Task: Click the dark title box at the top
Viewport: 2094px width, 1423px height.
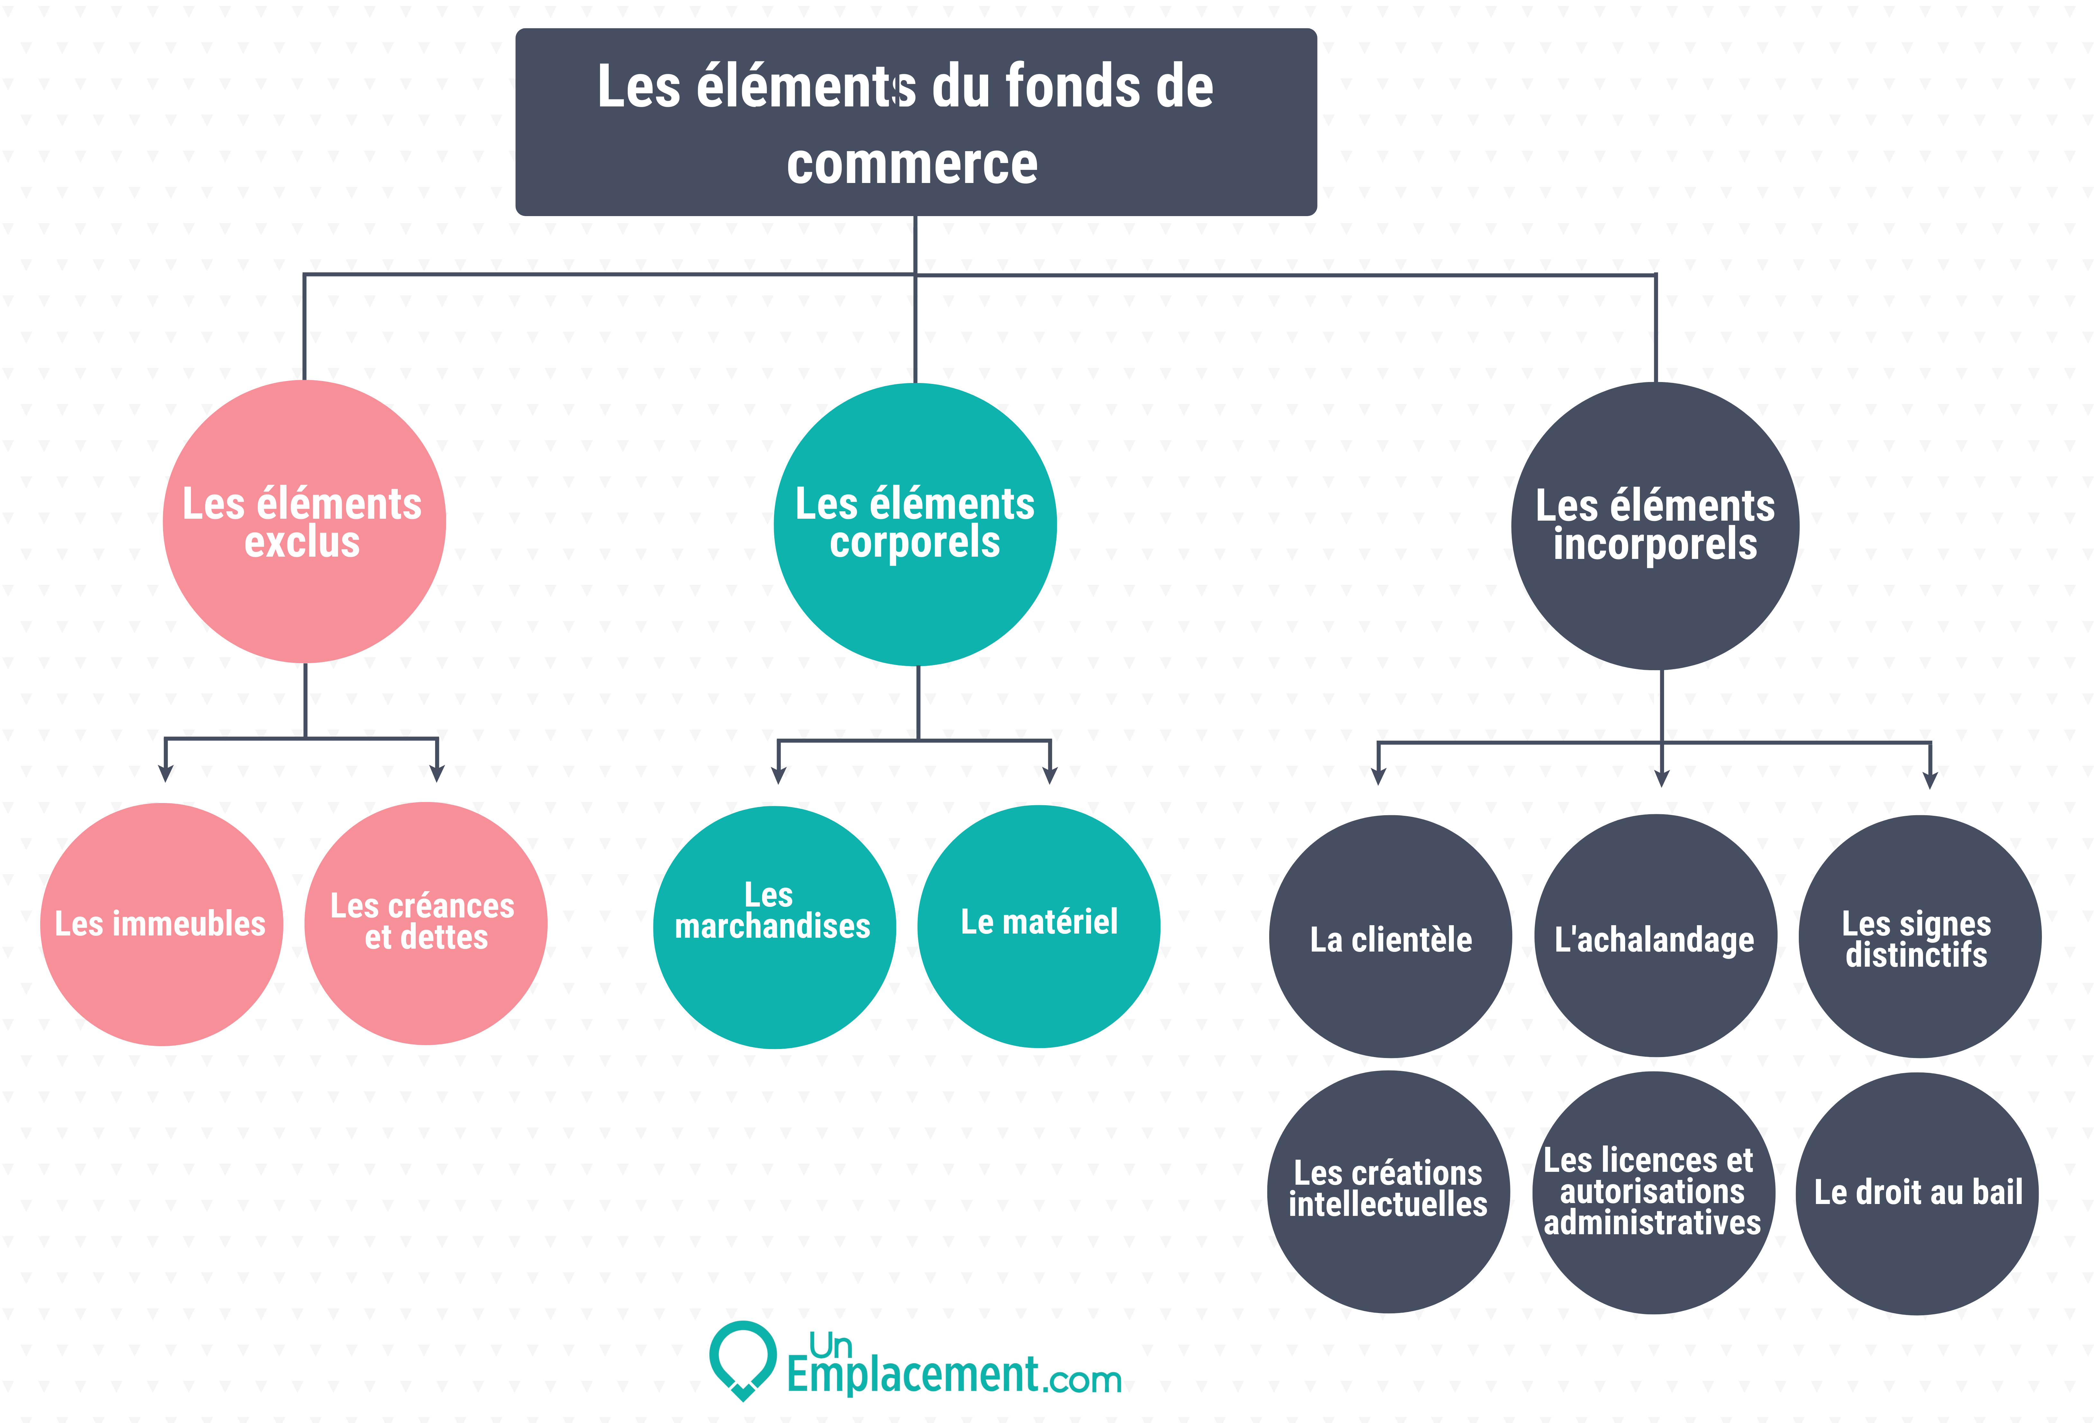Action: click(915, 122)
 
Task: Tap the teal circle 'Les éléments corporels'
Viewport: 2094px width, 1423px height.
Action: click(915, 525)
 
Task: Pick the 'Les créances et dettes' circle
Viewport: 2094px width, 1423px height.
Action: click(426, 924)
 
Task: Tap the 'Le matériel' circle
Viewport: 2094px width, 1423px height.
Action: click(1039, 926)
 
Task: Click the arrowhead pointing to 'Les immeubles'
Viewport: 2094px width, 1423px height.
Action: click(166, 773)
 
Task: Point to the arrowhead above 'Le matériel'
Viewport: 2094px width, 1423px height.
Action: click(1050, 775)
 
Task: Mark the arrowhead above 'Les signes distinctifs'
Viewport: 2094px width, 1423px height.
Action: click(1930, 780)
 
